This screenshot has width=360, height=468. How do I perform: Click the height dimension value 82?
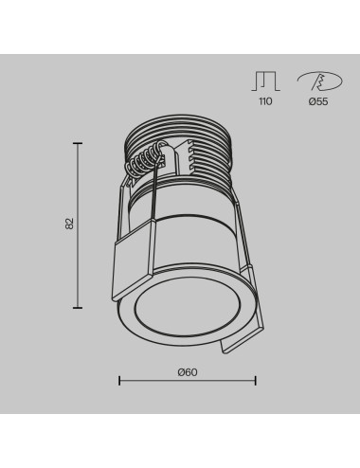[x=69, y=225]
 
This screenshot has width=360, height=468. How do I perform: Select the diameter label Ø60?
[x=187, y=372]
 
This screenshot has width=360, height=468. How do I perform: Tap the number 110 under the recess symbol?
[x=264, y=101]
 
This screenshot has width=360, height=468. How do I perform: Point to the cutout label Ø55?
[x=317, y=101]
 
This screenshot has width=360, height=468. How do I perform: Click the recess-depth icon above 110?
[x=264, y=80]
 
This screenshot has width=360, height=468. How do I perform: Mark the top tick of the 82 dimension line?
[x=78, y=143]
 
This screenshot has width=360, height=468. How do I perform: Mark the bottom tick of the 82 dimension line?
[x=78, y=307]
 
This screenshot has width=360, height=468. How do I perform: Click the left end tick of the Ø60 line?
[x=118, y=381]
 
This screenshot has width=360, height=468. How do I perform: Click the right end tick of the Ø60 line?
[x=255, y=381]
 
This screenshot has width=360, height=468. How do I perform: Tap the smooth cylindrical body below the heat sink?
[x=194, y=227]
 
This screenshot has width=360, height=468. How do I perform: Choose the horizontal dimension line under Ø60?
[x=187, y=381]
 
